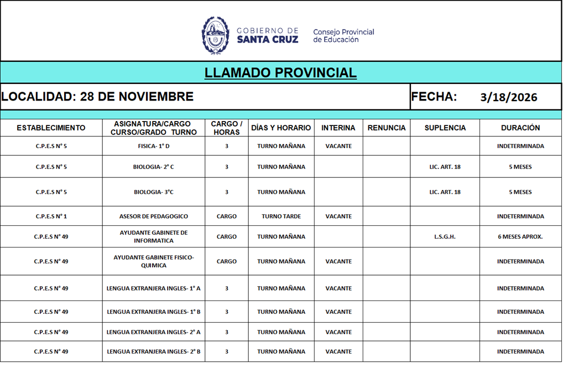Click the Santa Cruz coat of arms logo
coord(216,35)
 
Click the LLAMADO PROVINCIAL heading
coord(280,73)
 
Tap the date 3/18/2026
coord(509,97)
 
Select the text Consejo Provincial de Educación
coord(343,35)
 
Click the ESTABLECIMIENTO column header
coord(51,128)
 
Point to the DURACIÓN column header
coord(520,128)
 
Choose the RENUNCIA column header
coord(387,128)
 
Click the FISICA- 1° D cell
coord(154,146)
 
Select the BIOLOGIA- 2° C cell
coord(154,167)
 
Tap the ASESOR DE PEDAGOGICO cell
coord(154,217)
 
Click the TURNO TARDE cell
coord(281,217)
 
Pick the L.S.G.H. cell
coord(445,237)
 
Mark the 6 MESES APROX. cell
coord(520,237)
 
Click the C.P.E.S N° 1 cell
coord(51,217)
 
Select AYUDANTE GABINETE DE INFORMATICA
coord(154,237)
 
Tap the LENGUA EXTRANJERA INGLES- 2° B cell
coord(154,352)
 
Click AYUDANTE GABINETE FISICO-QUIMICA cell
coord(154,261)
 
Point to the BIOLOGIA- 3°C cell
coord(154,192)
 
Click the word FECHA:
coord(434,97)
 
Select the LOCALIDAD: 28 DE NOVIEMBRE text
coord(97,97)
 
